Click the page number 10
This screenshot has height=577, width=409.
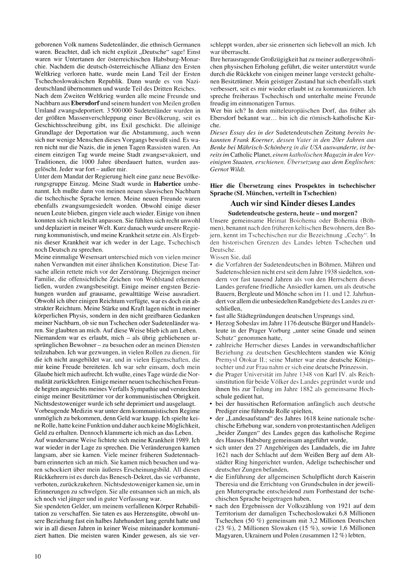click(x=38, y=556)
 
